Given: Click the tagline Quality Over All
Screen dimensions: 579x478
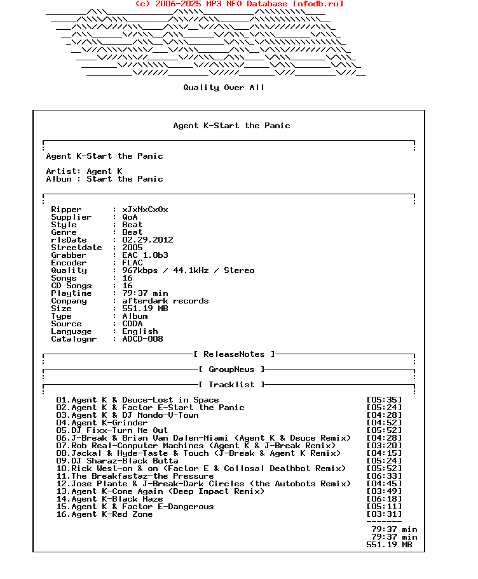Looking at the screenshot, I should pyautogui.click(x=224, y=88).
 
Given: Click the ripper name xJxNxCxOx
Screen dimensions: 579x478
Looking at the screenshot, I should pyautogui.click(x=145, y=210).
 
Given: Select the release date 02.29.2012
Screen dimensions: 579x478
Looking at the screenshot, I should pyautogui.click(x=147, y=240).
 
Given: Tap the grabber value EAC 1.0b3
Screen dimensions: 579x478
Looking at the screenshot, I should pyautogui.click(x=145, y=255).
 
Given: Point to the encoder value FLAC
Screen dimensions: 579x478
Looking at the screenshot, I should pyautogui.click(x=132, y=263).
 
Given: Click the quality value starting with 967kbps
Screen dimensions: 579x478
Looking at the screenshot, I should pyautogui.click(x=188, y=270).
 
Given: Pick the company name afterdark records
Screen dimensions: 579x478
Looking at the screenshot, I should pyautogui.click(x=165, y=301).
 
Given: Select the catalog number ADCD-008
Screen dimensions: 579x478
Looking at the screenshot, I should pyautogui.click(x=142, y=339).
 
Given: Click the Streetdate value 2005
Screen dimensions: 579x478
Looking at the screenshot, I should pyautogui.click(x=132, y=248).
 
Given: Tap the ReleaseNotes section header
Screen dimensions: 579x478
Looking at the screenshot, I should pyautogui.click(x=234, y=354).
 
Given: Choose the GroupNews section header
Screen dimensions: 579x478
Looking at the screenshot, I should pyautogui.click(x=231, y=369).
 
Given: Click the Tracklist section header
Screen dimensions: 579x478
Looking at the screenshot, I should pyautogui.click(x=231, y=385).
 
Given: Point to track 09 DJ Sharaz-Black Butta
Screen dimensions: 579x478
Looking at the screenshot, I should pyautogui.click(x=117, y=461).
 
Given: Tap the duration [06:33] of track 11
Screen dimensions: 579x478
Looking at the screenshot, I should pyautogui.click(x=384, y=476).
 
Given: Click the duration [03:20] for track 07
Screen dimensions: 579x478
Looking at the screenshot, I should pyautogui.click(x=384, y=446).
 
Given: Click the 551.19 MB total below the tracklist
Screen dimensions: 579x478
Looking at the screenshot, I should pyautogui.click(x=389, y=545).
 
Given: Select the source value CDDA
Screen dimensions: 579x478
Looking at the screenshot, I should pyautogui.click(x=132, y=324).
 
